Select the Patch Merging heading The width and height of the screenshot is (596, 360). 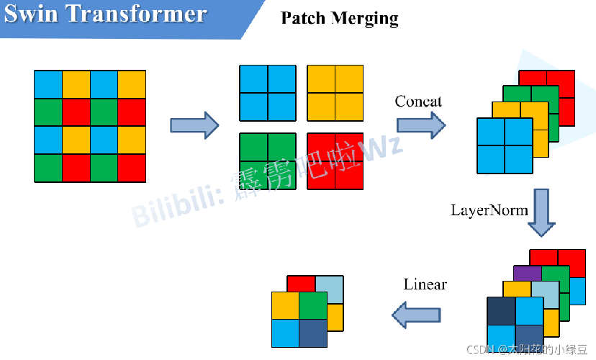click(339, 18)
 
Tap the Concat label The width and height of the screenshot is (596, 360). click(418, 102)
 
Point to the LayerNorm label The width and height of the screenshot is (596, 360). click(489, 210)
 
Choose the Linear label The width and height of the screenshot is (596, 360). click(425, 284)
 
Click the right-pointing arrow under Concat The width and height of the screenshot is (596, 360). click(421, 125)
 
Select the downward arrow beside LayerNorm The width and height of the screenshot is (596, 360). click(541, 212)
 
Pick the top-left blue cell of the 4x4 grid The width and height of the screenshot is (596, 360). click(48, 84)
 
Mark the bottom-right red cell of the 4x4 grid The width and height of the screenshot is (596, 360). click(132, 168)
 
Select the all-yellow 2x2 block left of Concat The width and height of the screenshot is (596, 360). click(335, 93)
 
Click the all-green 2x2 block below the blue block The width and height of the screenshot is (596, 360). click(268, 161)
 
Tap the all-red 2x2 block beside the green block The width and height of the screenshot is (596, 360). click(335, 161)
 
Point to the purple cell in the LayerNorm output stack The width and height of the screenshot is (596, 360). click(527, 273)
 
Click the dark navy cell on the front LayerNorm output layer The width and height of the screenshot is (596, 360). click(500, 311)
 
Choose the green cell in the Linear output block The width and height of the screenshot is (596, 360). click(312, 305)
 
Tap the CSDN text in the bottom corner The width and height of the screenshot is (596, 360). click(478, 349)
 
